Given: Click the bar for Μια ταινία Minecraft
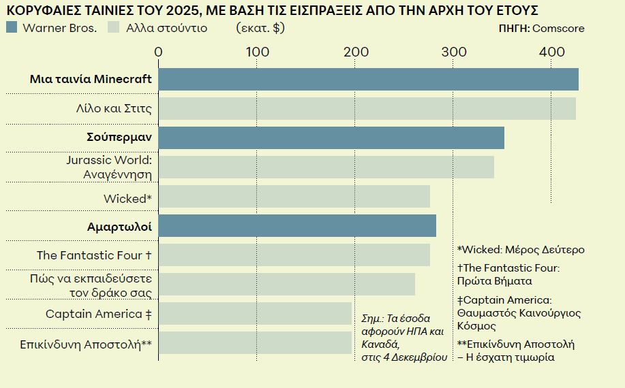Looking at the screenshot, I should (368, 79).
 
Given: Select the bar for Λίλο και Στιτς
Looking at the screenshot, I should (367, 109).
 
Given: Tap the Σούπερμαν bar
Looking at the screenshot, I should (331, 138).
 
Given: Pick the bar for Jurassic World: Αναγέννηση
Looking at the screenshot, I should (326, 167).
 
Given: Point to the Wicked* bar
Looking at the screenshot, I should (294, 197).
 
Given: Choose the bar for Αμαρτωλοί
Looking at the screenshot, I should (297, 226).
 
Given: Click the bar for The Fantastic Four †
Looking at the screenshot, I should (294, 255).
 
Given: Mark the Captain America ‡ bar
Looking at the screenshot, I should (255, 314).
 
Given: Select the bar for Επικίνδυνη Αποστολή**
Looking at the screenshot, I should (255, 343).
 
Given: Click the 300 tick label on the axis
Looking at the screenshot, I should (454, 52).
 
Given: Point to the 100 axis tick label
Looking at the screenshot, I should (257, 52).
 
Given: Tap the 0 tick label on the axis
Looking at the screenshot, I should (159, 52).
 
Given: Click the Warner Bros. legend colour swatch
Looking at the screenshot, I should (11, 28).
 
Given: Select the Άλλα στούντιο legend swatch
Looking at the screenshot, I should (114, 28).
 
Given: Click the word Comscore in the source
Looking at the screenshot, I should (558, 29).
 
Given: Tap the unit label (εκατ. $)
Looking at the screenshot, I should (260, 28).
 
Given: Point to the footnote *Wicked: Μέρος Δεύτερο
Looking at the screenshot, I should (521, 250).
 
